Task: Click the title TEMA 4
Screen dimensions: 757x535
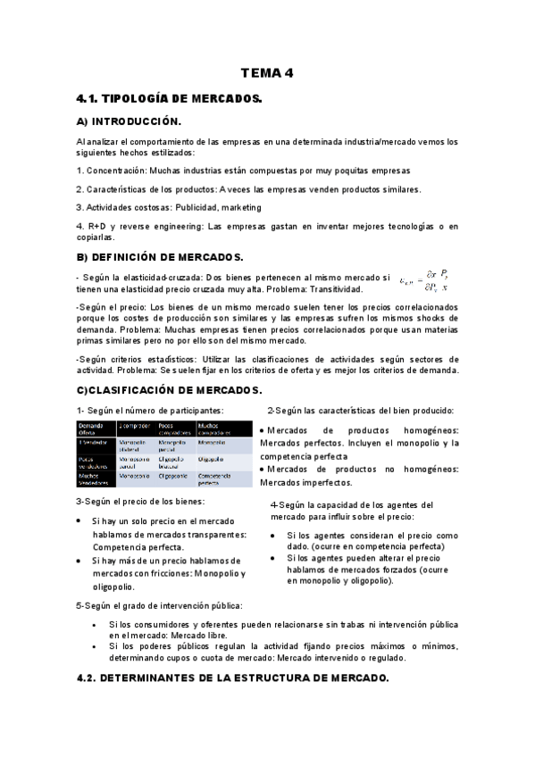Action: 266,74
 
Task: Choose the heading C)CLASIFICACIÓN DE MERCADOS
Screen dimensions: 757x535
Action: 169,390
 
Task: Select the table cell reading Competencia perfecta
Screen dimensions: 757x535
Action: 213,479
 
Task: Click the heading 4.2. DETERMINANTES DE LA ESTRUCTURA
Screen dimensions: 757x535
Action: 232,678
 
